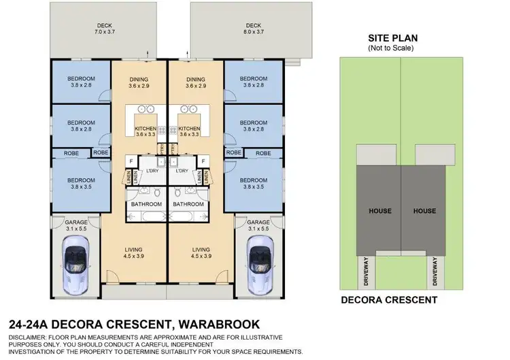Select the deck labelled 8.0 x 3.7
(x=253, y=31)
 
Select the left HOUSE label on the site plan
(x=380, y=211)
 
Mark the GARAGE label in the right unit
(x=259, y=223)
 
